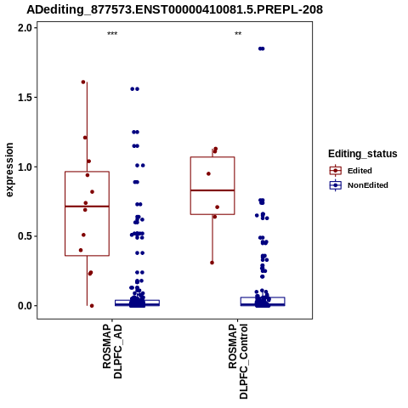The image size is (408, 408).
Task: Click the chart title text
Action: click(x=174, y=9)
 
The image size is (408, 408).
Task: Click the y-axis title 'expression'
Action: click(x=9, y=170)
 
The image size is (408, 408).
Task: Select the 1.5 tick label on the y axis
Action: click(x=24, y=97)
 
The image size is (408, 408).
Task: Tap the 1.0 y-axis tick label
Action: click(x=24, y=167)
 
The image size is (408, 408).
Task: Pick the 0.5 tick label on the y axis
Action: click(x=24, y=236)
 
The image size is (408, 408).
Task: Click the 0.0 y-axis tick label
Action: click(x=24, y=306)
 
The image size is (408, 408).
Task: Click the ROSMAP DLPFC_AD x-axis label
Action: click(x=112, y=351)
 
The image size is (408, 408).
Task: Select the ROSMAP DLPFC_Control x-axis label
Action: click(x=238, y=361)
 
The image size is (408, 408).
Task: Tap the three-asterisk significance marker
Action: click(x=112, y=33)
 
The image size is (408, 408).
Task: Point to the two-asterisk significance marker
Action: click(x=238, y=33)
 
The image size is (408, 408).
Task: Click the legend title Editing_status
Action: click(x=363, y=154)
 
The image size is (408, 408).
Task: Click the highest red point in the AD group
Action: click(x=83, y=82)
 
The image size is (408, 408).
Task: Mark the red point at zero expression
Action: click(x=92, y=306)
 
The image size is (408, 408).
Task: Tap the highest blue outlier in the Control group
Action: click(x=261, y=48)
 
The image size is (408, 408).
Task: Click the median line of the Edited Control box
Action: click(x=212, y=190)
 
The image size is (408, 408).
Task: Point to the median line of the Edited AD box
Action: click(x=87, y=207)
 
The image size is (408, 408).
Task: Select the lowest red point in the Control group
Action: click(x=212, y=263)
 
